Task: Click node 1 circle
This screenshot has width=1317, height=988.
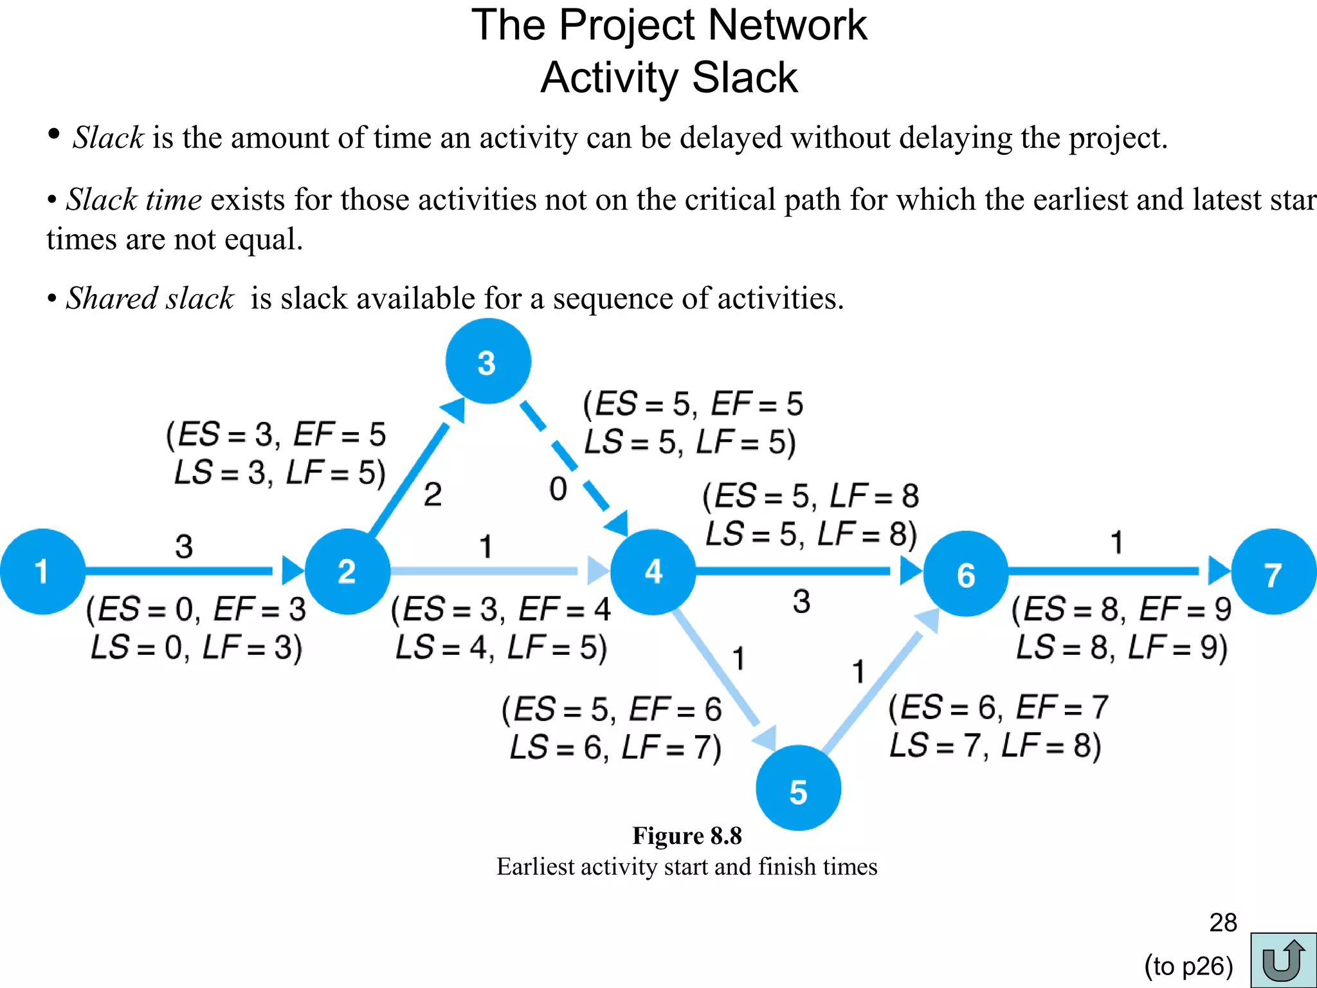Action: click(x=42, y=571)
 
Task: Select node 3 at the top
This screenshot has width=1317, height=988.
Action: click(x=488, y=361)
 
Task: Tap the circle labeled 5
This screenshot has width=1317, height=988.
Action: click(x=798, y=788)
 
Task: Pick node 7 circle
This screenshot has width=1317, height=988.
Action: click(x=1274, y=572)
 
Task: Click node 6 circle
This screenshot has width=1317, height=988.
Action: click(x=965, y=573)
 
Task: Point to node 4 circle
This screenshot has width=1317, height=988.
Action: click(x=653, y=571)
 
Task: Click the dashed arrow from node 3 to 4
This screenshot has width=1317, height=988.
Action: click(x=566, y=456)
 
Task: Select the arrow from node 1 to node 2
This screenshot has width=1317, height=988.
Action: click(x=186, y=571)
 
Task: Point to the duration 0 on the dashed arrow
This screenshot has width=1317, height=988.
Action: click(x=558, y=489)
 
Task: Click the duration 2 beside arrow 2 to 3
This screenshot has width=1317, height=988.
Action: click(x=433, y=495)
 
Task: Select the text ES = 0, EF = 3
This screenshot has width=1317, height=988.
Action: click(x=197, y=609)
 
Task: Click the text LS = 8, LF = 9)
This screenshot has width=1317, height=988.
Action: click(x=1122, y=647)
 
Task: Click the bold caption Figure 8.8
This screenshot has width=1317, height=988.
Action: click(x=687, y=836)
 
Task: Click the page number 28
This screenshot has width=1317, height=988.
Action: click(x=1222, y=922)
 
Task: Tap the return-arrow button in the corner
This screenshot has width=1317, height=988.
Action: click(x=1283, y=960)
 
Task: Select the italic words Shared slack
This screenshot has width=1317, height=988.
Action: click(x=150, y=298)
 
